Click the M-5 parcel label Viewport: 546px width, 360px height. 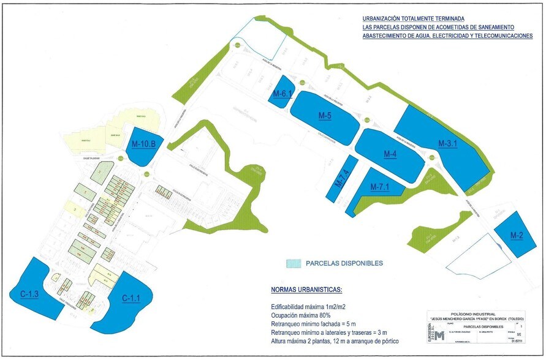325,116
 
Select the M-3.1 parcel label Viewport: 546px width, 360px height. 449,143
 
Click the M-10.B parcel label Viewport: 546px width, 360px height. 142,144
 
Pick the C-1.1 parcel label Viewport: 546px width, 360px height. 131,298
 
